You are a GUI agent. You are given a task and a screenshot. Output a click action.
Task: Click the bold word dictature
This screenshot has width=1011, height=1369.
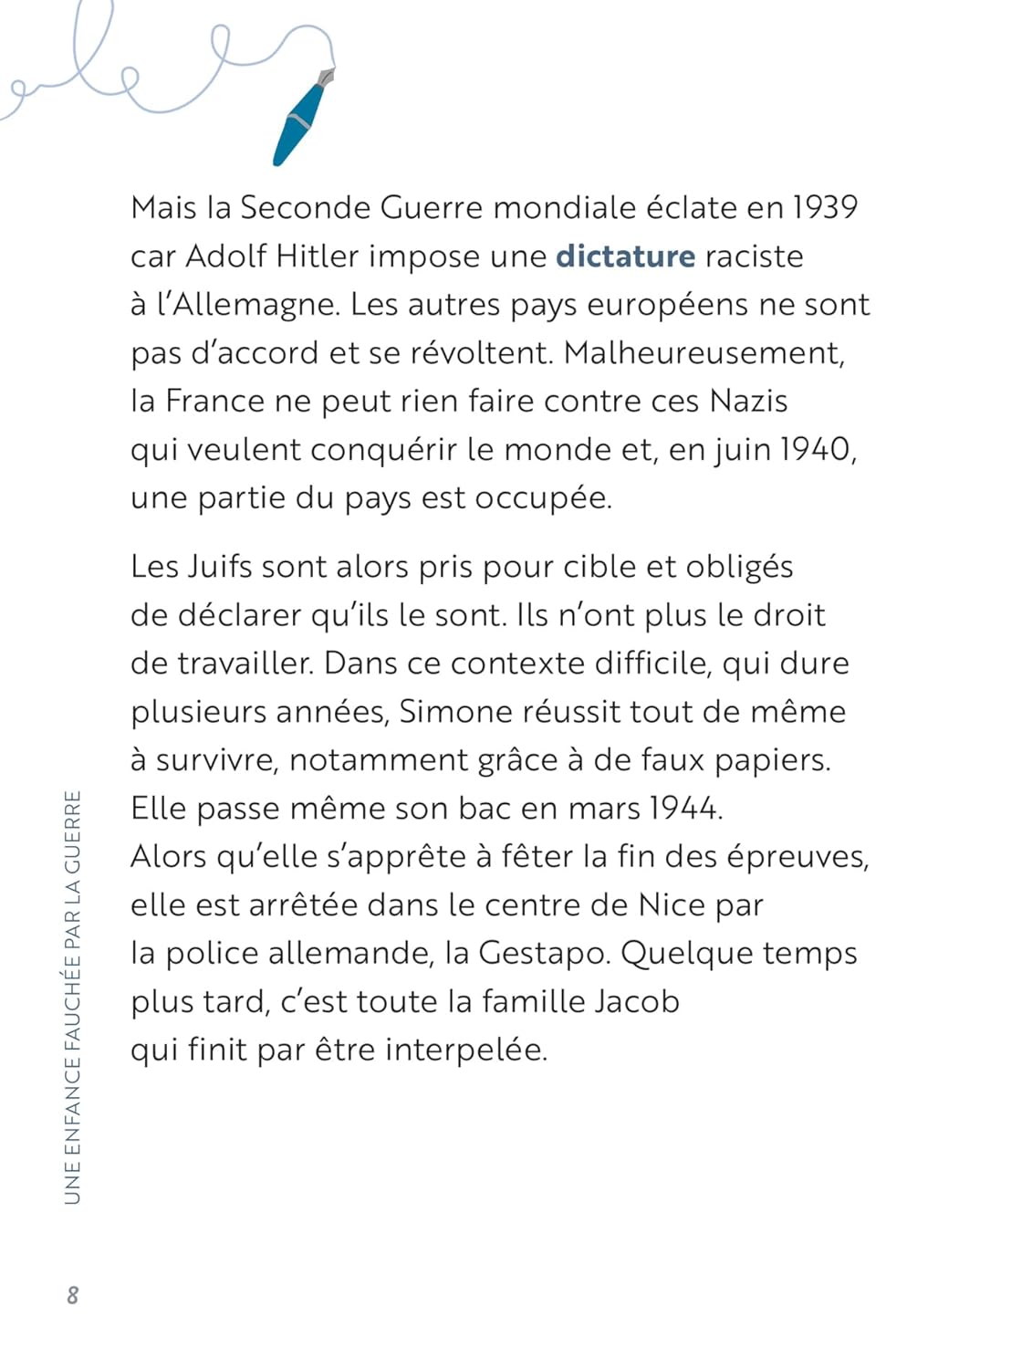point(625,256)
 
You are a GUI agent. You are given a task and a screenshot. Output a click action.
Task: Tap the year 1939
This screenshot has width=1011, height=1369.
point(824,208)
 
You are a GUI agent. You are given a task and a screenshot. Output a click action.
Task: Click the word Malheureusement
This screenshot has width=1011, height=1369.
point(704,353)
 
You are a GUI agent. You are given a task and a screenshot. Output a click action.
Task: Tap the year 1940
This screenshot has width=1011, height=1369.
point(815,450)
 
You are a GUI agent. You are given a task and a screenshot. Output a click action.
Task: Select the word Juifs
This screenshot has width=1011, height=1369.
point(219,567)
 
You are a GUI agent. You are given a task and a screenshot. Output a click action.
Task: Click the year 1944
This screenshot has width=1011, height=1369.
point(685,809)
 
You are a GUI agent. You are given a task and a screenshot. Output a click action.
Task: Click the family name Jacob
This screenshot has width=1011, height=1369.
point(637,1002)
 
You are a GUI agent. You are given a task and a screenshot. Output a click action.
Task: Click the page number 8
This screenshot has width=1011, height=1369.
point(73,1295)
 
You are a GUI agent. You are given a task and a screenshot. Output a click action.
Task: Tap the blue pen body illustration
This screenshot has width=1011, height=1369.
point(299,123)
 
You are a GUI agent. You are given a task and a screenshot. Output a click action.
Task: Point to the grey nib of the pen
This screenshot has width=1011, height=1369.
point(326,77)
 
